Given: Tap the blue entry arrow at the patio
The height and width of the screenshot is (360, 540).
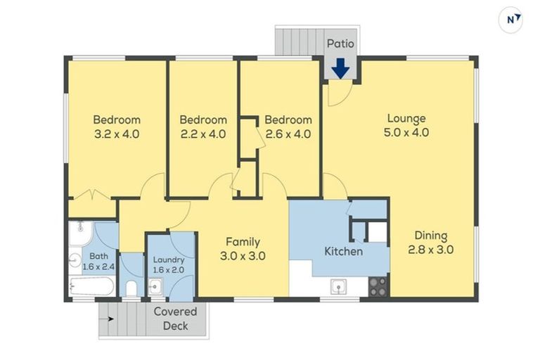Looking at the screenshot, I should [x=340, y=68].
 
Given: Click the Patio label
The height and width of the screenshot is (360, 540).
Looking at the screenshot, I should [x=340, y=44].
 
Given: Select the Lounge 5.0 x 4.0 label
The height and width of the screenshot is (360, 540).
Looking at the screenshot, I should [x=406, y=125].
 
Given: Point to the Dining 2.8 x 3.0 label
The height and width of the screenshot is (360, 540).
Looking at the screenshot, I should [x=430, y=243].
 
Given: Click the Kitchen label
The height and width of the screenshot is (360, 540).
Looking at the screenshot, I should [x=342, y=251].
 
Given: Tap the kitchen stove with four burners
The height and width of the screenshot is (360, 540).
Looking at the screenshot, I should [x=377, y=286].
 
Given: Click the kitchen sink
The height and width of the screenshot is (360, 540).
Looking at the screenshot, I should [x=340, y=287].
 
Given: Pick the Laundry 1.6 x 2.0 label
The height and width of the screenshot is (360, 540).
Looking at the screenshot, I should [x=169, y=264].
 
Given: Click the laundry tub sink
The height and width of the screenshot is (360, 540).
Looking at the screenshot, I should [x=155, y=287].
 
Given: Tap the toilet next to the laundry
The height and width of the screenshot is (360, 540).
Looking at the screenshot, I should [x=131, y=288].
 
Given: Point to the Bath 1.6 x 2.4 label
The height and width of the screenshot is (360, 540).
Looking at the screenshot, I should [x=97, y=261].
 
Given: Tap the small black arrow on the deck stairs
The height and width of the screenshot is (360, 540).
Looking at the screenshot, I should [x=109, y=319].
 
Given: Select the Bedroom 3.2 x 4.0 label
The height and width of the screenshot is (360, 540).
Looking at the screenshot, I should [x=117, y=127].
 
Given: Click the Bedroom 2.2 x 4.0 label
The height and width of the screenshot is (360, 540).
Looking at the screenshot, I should [x=202, y=127].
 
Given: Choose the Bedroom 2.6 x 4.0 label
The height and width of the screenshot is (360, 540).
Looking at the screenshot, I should [x=288, y=127].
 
